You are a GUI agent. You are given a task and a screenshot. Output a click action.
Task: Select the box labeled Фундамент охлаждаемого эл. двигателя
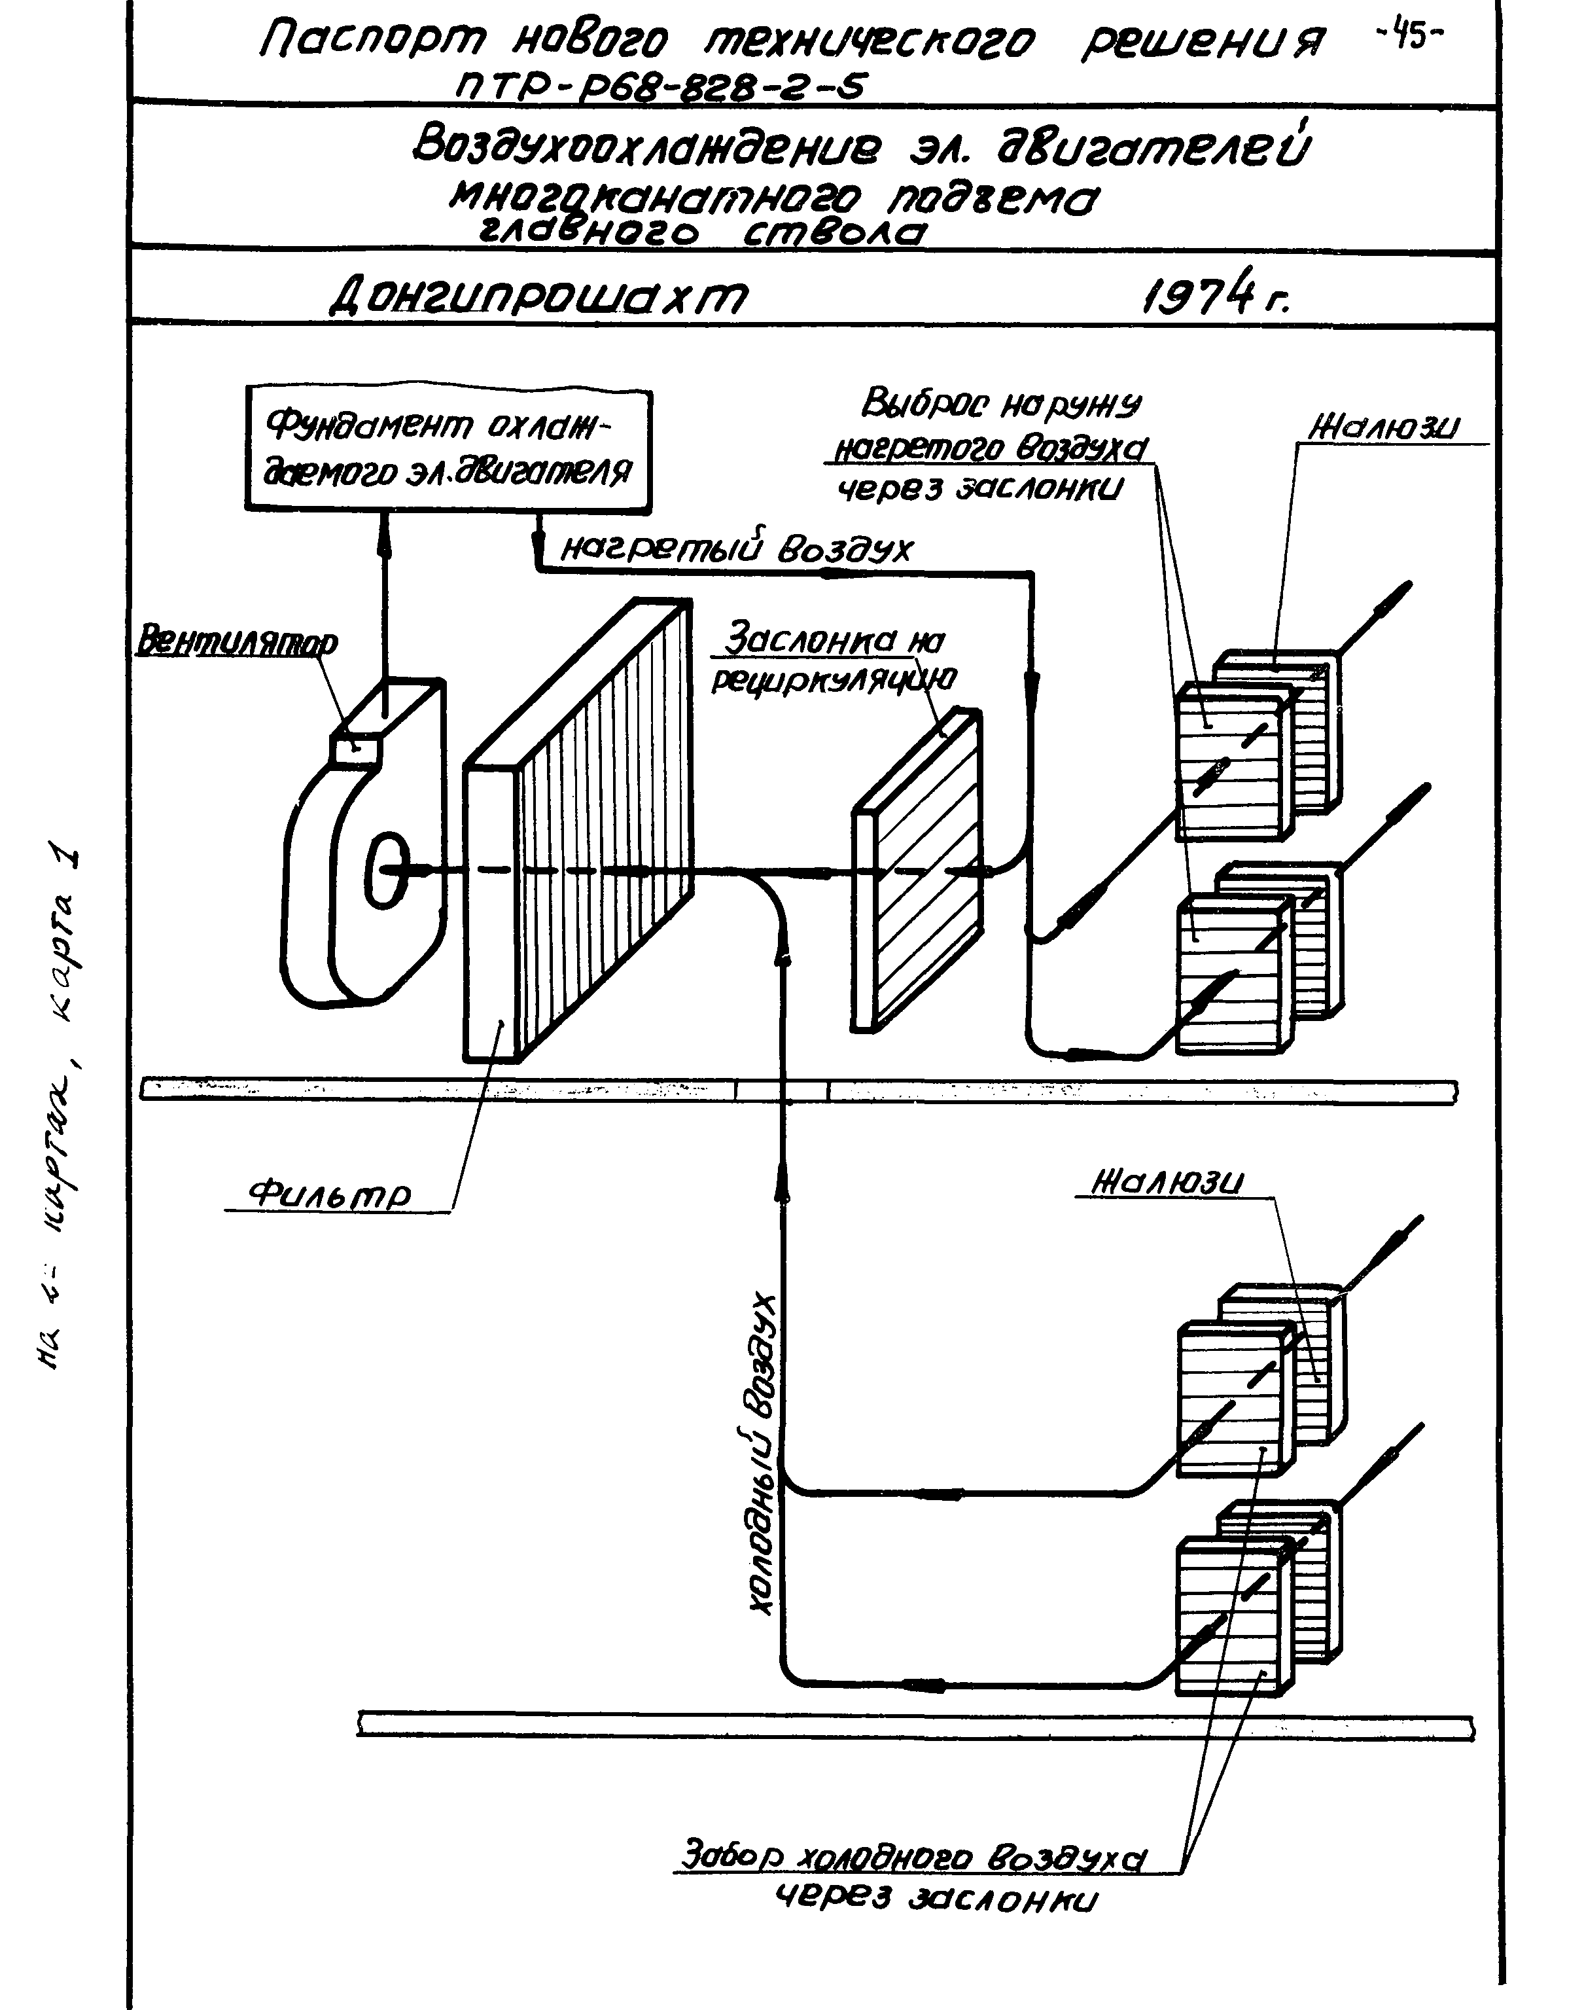(x=448, y=450)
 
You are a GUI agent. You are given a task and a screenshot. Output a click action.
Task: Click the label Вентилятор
(x=236, y=642)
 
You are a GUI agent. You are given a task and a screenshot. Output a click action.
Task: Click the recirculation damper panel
(x=918, y=872)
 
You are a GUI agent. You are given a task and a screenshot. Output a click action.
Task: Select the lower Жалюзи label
(x=1168, y=1183)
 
